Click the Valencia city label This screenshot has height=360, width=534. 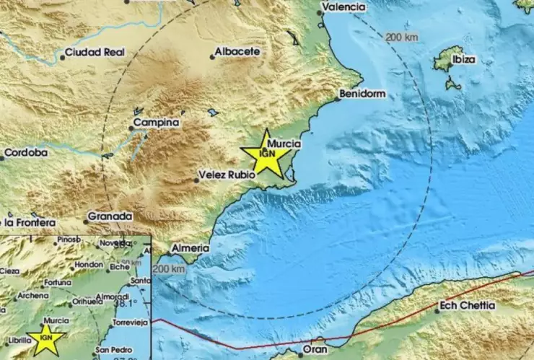tap(346, 7)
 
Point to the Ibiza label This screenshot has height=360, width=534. tap(463, 60)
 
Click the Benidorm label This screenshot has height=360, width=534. tap(366, 94)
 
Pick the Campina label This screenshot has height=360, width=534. tap(159, 123)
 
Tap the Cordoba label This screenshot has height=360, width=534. tap(27, 153)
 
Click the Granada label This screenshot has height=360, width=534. tap(110, 216)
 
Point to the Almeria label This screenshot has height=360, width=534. tap(191, 248)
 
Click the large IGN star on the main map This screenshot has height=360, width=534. tap(267, 154)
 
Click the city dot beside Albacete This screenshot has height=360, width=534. tap(214, 56)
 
